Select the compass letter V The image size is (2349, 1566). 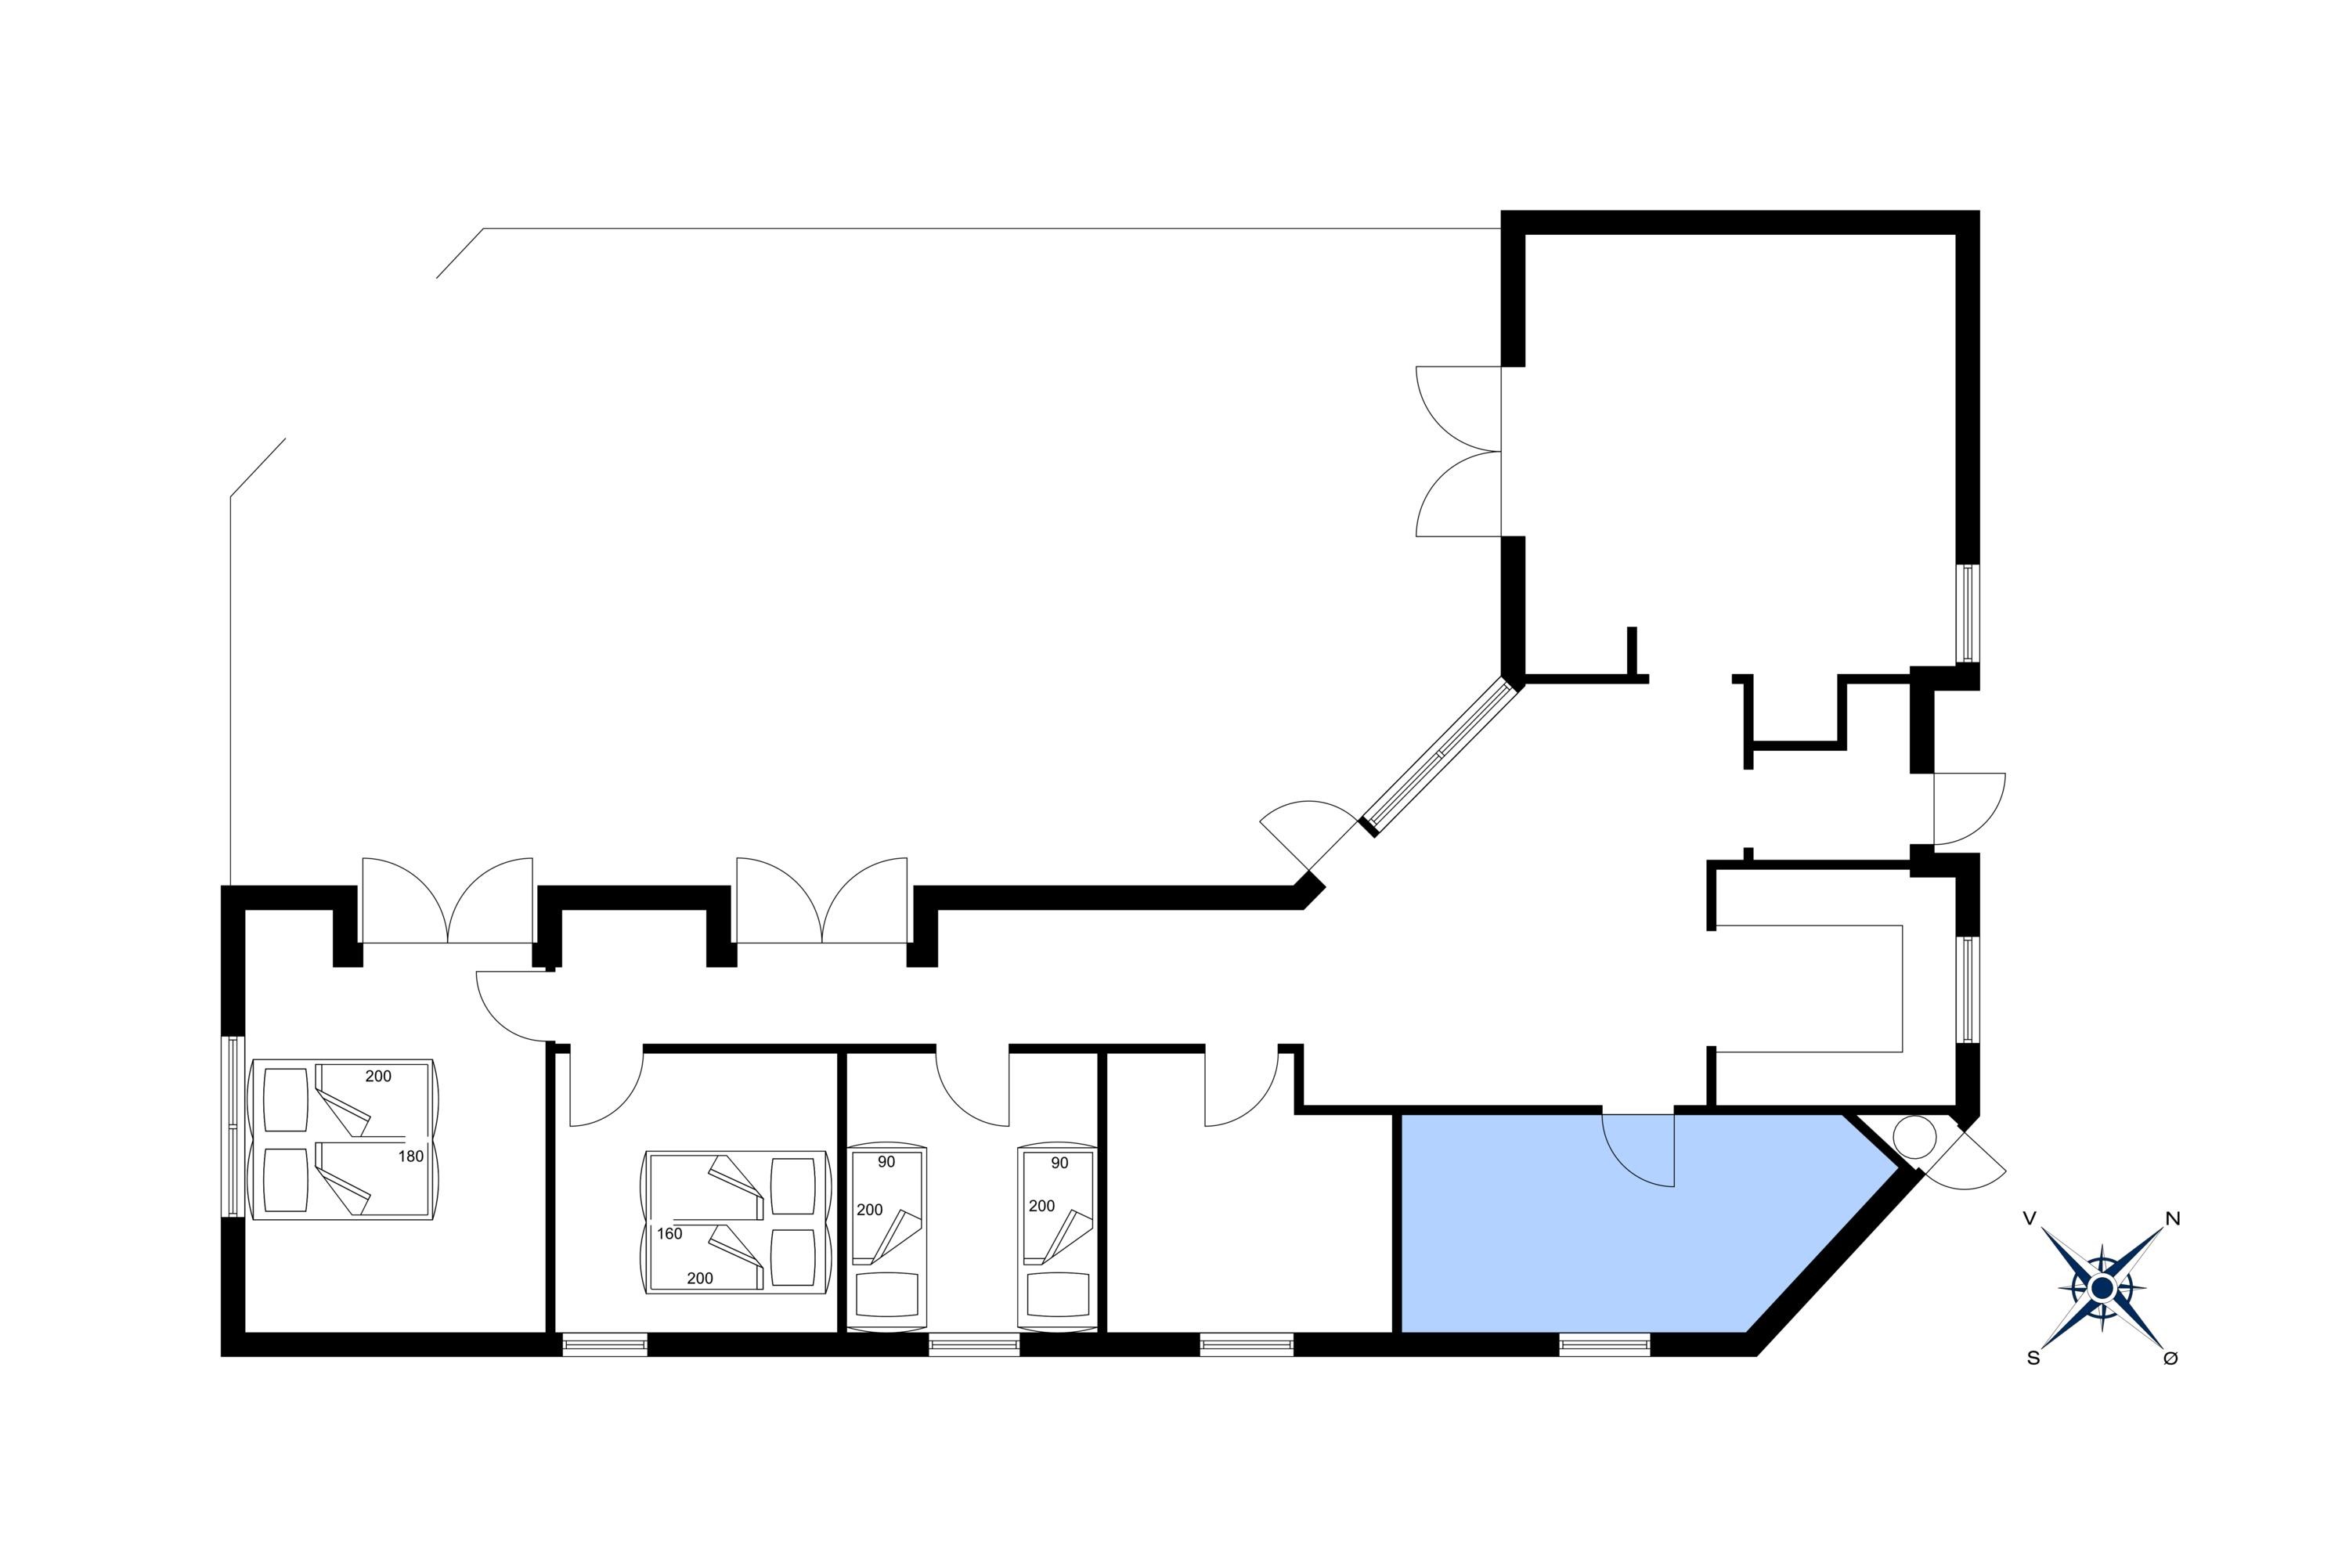2029,1218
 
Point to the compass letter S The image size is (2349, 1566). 2033,1359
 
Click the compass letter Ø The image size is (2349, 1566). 2170,1359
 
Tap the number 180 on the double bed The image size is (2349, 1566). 410,1156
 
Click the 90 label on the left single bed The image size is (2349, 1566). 886,1163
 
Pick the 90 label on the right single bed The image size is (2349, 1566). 1059,1164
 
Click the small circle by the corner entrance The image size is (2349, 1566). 1914,1137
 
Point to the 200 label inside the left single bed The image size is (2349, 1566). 870,1210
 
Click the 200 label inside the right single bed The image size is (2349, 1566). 1041,1206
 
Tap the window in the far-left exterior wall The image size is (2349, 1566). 233,1126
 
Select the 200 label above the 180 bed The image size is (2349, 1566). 378,1077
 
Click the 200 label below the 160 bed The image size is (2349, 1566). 700,1279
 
